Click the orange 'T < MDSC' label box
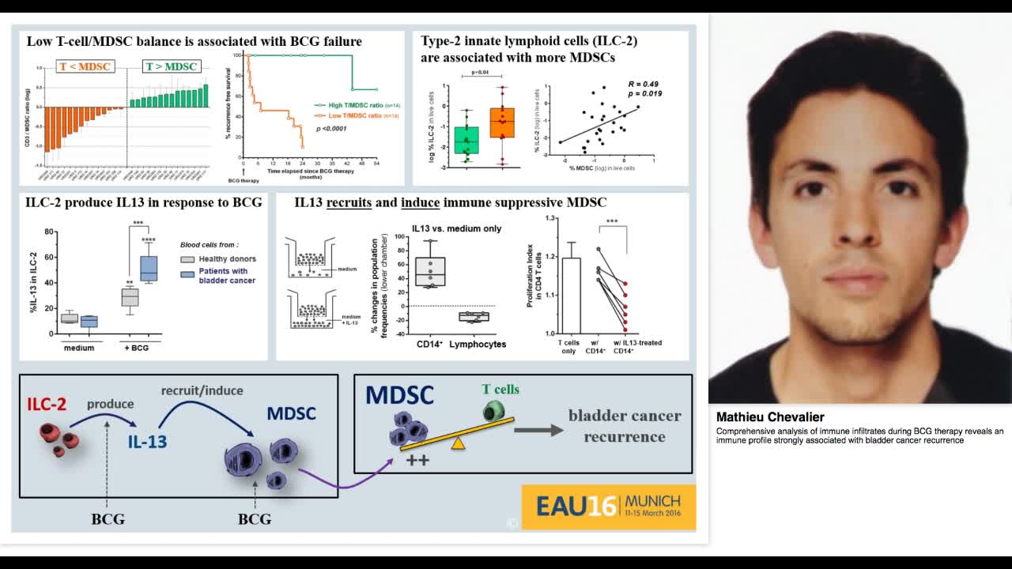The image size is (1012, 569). click(x=85, y=66)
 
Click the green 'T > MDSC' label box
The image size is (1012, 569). click(x=171, y=66)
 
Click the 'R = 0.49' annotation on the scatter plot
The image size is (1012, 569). click(x=643, y=84)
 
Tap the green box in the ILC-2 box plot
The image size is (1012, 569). click(x=466, y=140)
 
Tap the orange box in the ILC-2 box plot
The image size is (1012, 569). click(x=502, y=123)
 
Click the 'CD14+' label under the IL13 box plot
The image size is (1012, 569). click(x=429, y=344)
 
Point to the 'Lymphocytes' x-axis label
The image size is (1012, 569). click(x=478, y=344)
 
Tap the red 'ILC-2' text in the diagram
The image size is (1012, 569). click(x=47, y=405)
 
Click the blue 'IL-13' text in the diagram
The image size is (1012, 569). click(x=148, y=441)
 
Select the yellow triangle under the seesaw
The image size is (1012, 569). click(x=458, y=444)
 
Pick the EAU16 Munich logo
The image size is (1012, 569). click(x=608, y=506)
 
